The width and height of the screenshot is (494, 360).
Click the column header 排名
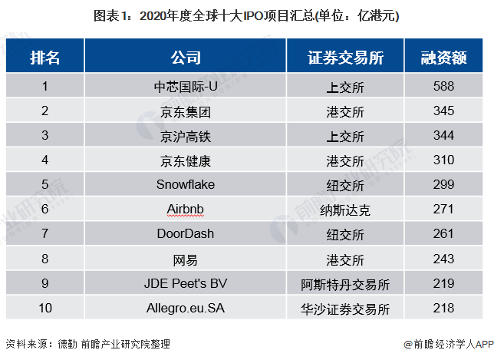(x=44, y=58)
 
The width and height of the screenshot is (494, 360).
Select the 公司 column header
(x=185, y=58)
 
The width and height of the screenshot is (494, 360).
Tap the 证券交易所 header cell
(x=345, y=58)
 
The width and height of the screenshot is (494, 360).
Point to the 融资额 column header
(x=443, y=58)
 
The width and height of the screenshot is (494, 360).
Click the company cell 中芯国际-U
(x=185, y=86)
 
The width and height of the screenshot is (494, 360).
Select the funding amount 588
(x=443, y=86)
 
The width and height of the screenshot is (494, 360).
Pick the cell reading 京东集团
(x=185, y=111)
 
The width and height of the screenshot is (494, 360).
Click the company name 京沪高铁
(x=185, y=136)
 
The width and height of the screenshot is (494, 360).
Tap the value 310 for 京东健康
(x=443, y=160)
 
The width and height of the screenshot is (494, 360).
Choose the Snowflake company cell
(x=185, y=185)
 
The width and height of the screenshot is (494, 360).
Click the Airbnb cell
(x=185, y=209)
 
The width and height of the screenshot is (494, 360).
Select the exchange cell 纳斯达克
(x=345, y=209)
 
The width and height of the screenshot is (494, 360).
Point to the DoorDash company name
(x=185, y=233)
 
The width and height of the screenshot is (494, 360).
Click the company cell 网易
(x=185, y=259)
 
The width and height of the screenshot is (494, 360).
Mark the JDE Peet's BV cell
(x=185, y=283)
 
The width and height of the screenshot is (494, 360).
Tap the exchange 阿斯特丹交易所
(x=345, y=283)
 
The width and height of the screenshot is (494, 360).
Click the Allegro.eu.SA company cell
(x=185, y=309)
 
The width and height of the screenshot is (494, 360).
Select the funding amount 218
(x=443, y=309)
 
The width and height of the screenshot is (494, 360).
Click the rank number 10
(x=44, y=309)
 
